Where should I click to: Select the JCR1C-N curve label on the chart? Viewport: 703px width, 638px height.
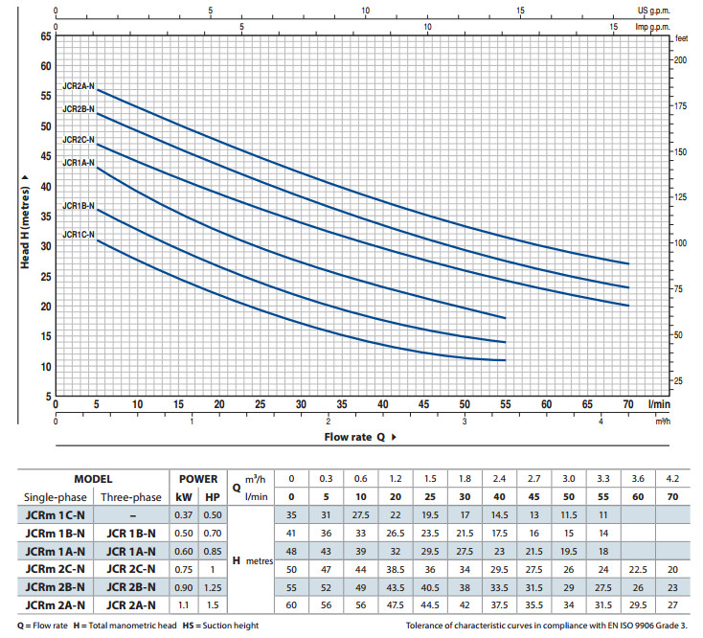(79, 234)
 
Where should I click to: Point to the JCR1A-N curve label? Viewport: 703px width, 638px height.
(79, 163)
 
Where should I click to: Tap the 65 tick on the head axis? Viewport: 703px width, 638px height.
(45, 36)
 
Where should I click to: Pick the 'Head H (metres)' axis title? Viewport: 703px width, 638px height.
(26, 216)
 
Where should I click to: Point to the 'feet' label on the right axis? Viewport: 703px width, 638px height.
(682, 38)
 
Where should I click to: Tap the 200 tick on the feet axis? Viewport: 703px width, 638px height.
(680, 59)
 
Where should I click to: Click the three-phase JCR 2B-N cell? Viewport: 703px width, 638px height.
(131, 586)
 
